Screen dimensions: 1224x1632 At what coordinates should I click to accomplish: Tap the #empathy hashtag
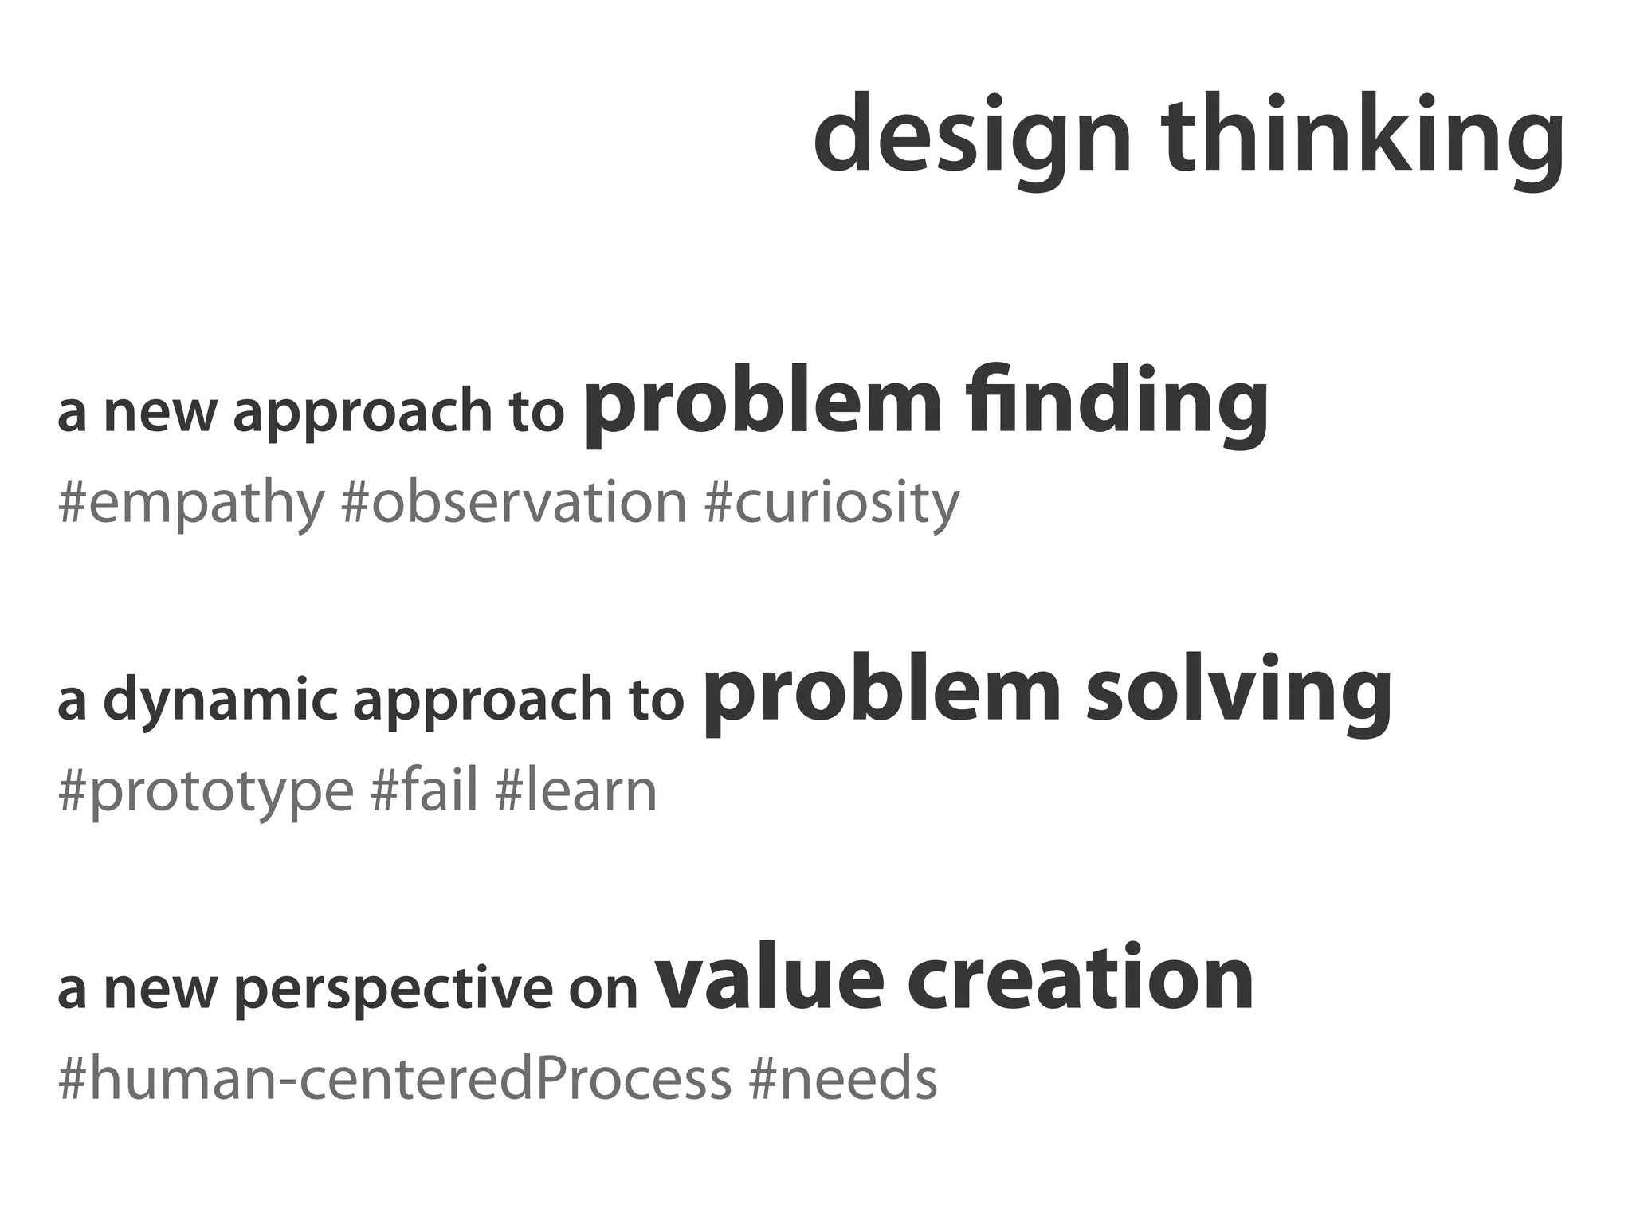[x=191, y=504]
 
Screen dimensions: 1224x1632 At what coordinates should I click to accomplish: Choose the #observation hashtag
[x=513, y=503]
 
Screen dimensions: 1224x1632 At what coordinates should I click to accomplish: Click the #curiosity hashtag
[x=832, y=504]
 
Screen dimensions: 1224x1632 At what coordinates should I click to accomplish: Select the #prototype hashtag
[x=206, y=793]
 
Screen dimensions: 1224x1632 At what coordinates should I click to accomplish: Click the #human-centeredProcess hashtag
[x=394, y=1079]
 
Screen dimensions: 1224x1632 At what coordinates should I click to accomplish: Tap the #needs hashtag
[x=843, y=1079]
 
